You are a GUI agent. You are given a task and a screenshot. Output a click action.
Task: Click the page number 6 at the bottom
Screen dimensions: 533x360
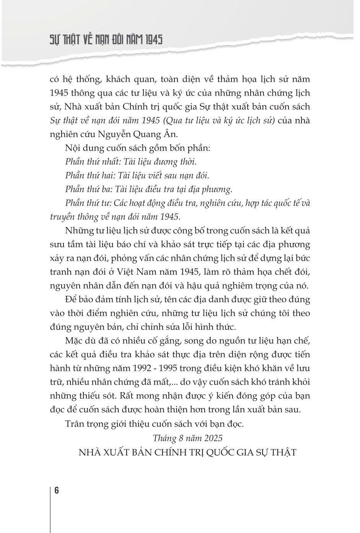click(x=56, y=491)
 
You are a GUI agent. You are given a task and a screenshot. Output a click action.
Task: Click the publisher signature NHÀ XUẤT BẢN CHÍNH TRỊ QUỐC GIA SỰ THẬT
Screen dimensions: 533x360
click(x=187, y=452)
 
